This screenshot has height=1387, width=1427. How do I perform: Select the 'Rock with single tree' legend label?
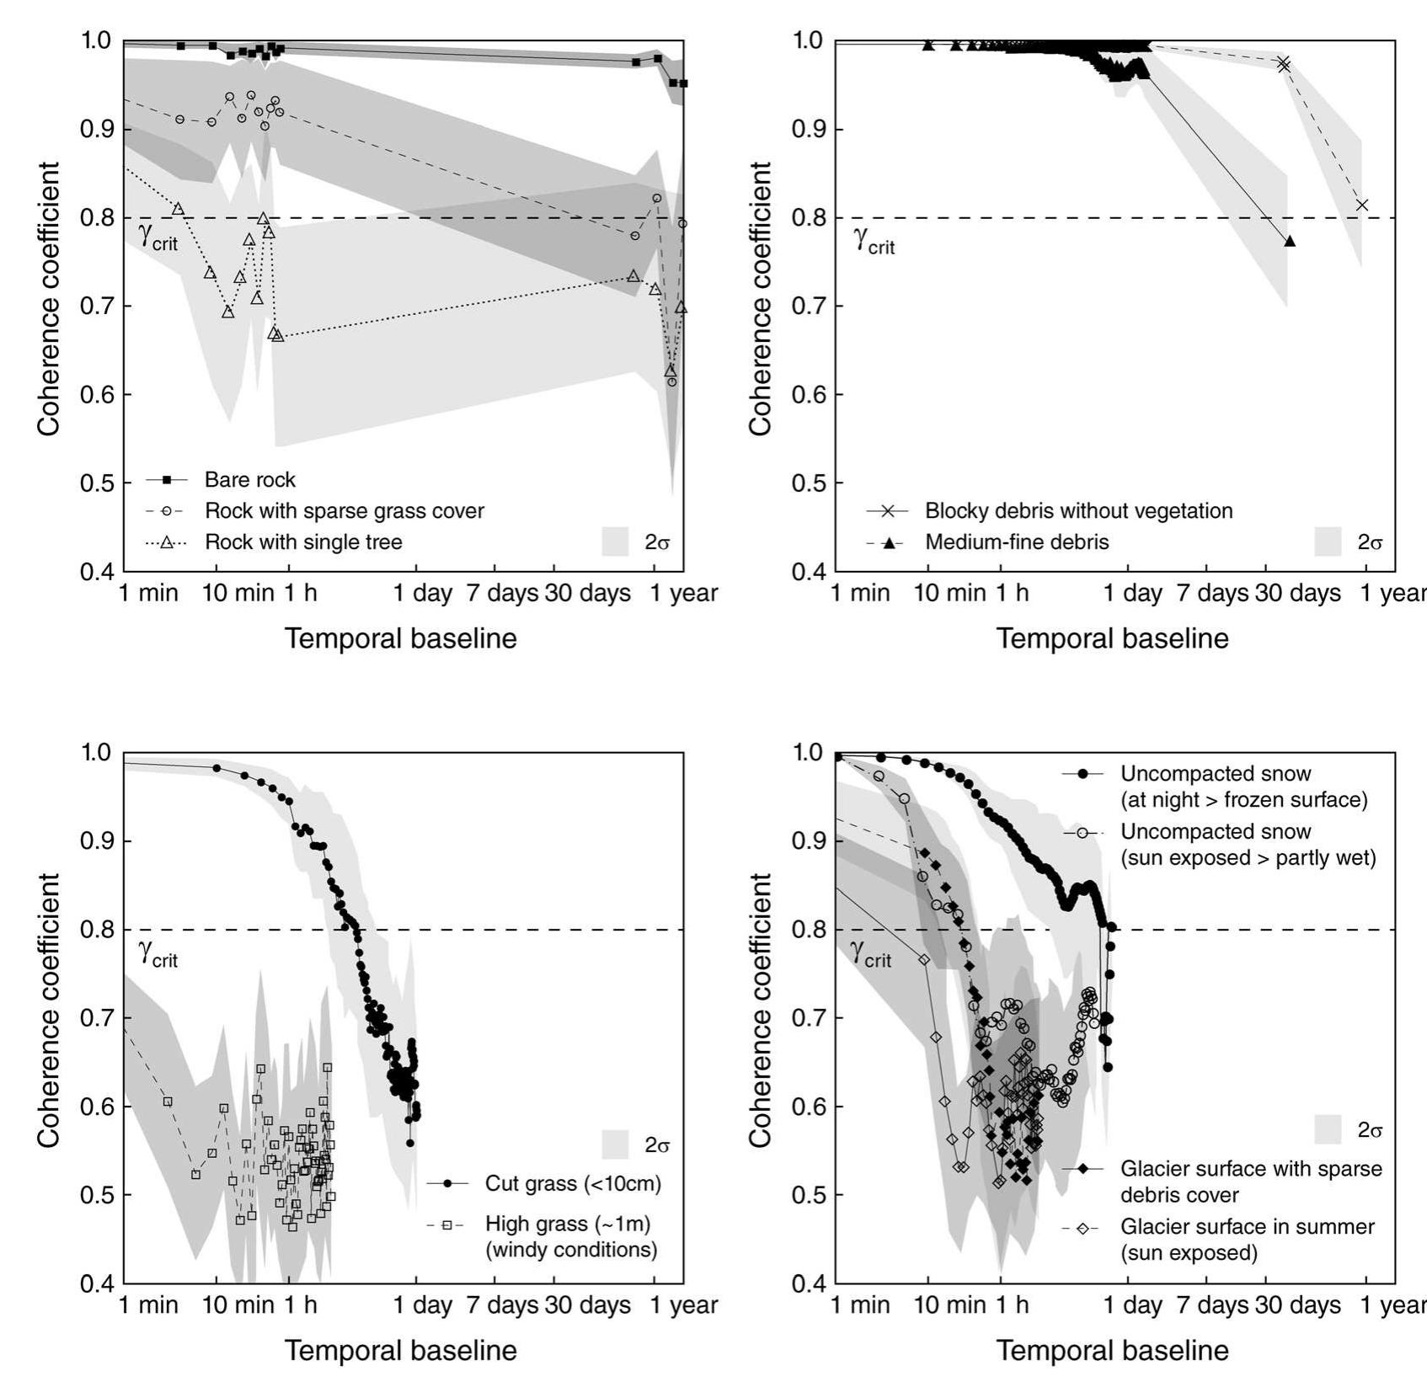coord(303,541)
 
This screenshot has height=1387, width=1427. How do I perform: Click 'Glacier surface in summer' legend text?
coord(1248,1227)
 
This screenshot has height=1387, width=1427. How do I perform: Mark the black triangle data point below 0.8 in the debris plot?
coord(1290,242)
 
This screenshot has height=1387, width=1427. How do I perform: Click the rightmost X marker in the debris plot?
coord(1362,205)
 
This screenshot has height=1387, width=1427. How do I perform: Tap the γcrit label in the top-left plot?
coord(158,235)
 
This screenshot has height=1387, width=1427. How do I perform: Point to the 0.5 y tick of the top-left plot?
coord(97,483)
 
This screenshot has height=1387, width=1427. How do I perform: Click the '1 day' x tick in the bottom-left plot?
coord(423,1305)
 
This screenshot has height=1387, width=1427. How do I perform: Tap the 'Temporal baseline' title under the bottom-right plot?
coord(1113,1350)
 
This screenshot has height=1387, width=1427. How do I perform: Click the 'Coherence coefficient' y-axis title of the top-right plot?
coord(760,299)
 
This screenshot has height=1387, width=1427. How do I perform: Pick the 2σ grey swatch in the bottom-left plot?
coord(616,1144)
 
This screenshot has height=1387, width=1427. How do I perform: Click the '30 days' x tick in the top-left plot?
coord(587,593)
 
